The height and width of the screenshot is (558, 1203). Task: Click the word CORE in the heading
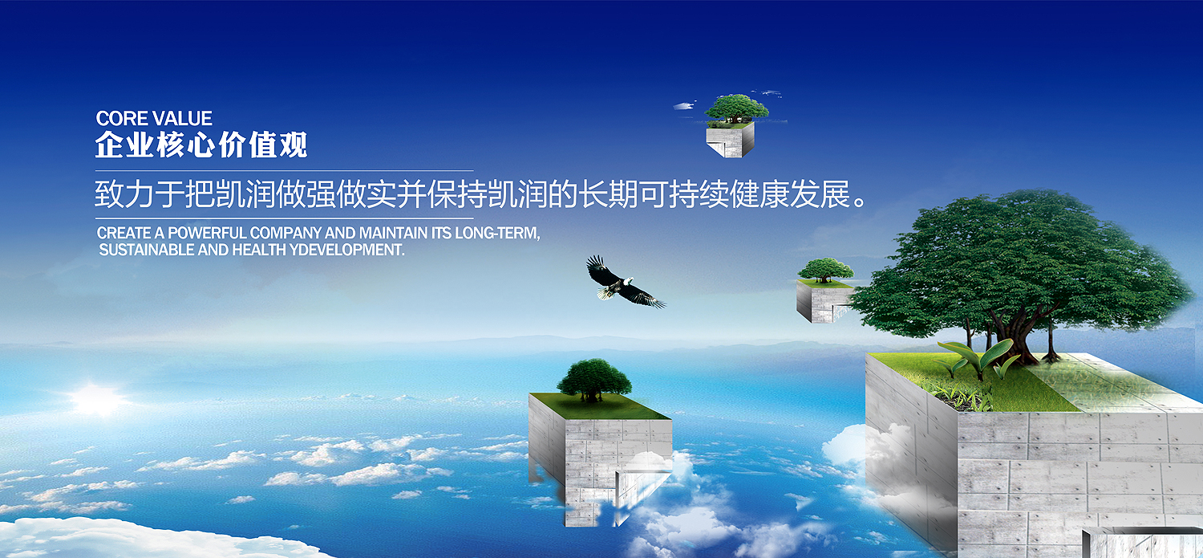coord(121,118)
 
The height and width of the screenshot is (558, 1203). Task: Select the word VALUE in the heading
coord(183,118)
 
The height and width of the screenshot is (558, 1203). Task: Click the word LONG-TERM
coord(497,234)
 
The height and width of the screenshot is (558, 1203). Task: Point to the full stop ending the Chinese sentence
coord(861,202)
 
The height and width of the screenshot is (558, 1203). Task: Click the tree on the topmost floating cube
coord(736,108)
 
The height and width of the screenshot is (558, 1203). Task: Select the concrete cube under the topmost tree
coord(730,140)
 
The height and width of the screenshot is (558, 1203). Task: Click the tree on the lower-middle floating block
coord(594,380)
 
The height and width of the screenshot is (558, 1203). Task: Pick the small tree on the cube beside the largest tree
coord(825,270)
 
